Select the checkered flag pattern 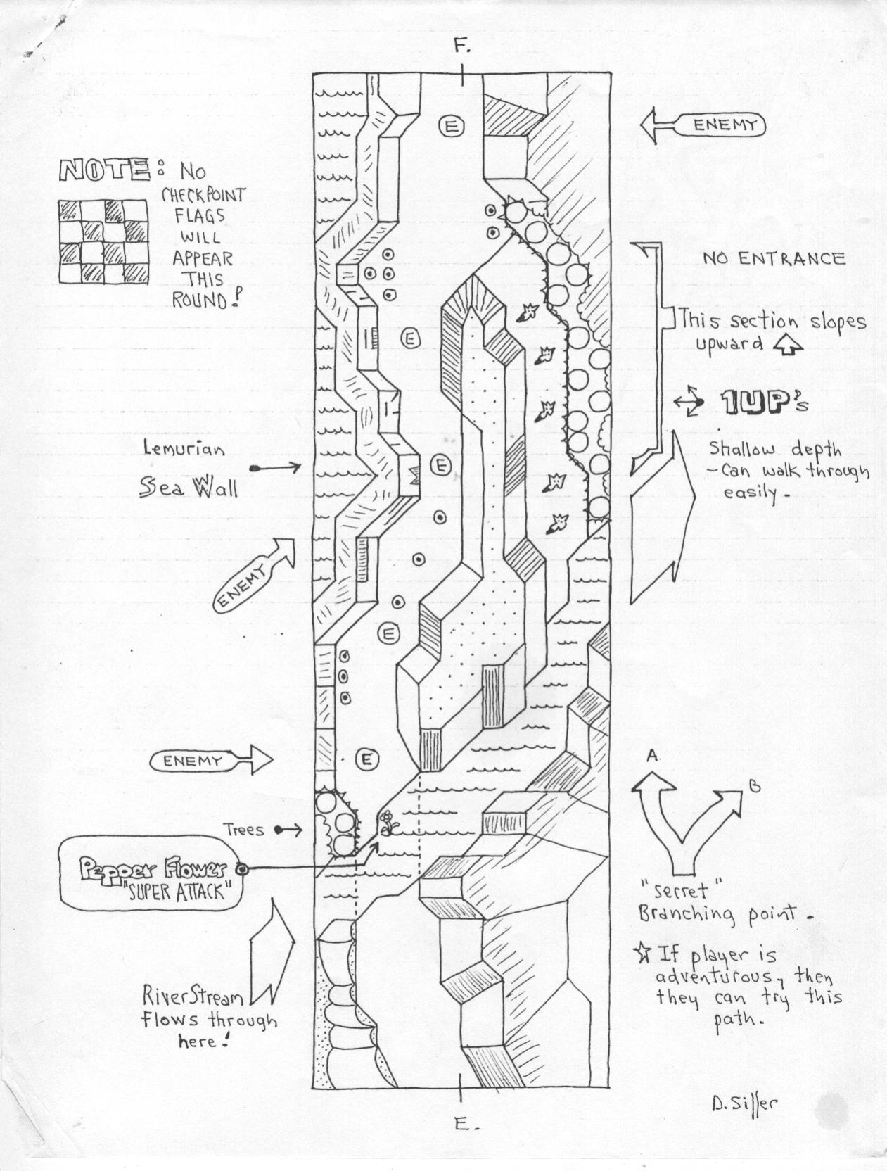click(103, 241)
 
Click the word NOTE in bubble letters click(104, 170)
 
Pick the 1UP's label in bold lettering click(765, 403)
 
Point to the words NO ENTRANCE click(774, 259)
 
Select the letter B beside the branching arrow click(754, 786)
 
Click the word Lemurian click(184, 449)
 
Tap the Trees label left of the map click(243, 830)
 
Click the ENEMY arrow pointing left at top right click(703, 126)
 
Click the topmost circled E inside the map click(451, 127)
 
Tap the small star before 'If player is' click(644, 952)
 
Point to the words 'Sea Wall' click(189, 486)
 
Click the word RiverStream click(193, 996)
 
